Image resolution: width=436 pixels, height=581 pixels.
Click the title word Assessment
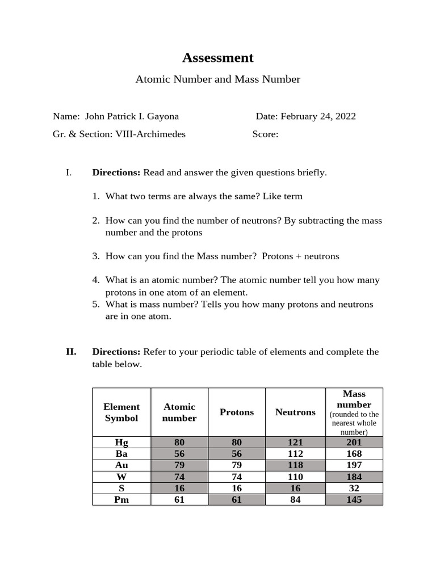click(217, 58)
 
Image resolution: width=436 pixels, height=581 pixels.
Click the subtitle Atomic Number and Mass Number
click(217, 79)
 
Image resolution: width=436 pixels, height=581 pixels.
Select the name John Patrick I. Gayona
click(132, 116)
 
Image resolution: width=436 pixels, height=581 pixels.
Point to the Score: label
click(265, 134)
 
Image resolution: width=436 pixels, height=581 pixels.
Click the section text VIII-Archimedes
click(150, 134)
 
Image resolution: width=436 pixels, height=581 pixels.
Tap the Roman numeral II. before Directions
click(71, 352)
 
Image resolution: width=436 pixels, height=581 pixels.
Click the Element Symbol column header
click(121, 412)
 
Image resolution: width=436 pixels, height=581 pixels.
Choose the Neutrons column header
click(295, 412)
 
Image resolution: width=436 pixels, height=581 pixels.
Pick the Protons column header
click(237, 412)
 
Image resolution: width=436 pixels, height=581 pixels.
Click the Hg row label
click(121, 443)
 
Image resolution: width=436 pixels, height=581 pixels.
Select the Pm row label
click(121, 500)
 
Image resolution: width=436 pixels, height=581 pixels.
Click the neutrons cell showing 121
click(295, 443)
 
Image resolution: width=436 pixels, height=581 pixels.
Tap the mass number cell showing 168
click(354, 454)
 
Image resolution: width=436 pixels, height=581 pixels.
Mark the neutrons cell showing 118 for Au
click(295, 465)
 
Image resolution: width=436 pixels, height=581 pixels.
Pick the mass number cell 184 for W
click(354, 477)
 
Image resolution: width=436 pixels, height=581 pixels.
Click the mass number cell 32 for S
click(354, 489)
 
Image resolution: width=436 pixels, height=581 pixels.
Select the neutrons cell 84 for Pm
click(295, 500)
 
